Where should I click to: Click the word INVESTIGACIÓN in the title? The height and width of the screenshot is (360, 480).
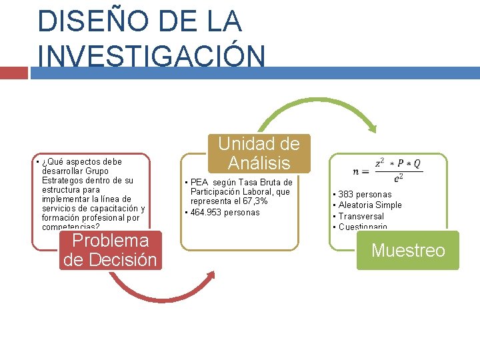[x=152, y=55]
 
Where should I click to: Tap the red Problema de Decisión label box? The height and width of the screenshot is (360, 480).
[x=111, y=250]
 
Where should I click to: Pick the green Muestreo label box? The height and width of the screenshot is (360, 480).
[x=408, y=251]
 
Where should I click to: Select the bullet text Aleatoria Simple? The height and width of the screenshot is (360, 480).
[x=370, y=205]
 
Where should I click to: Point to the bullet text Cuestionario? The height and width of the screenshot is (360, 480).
[x=363, y=227]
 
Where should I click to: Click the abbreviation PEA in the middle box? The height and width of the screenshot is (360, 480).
[x=199, y=183]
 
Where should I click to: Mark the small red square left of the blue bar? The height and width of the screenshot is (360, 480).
[x=14, y=73]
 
